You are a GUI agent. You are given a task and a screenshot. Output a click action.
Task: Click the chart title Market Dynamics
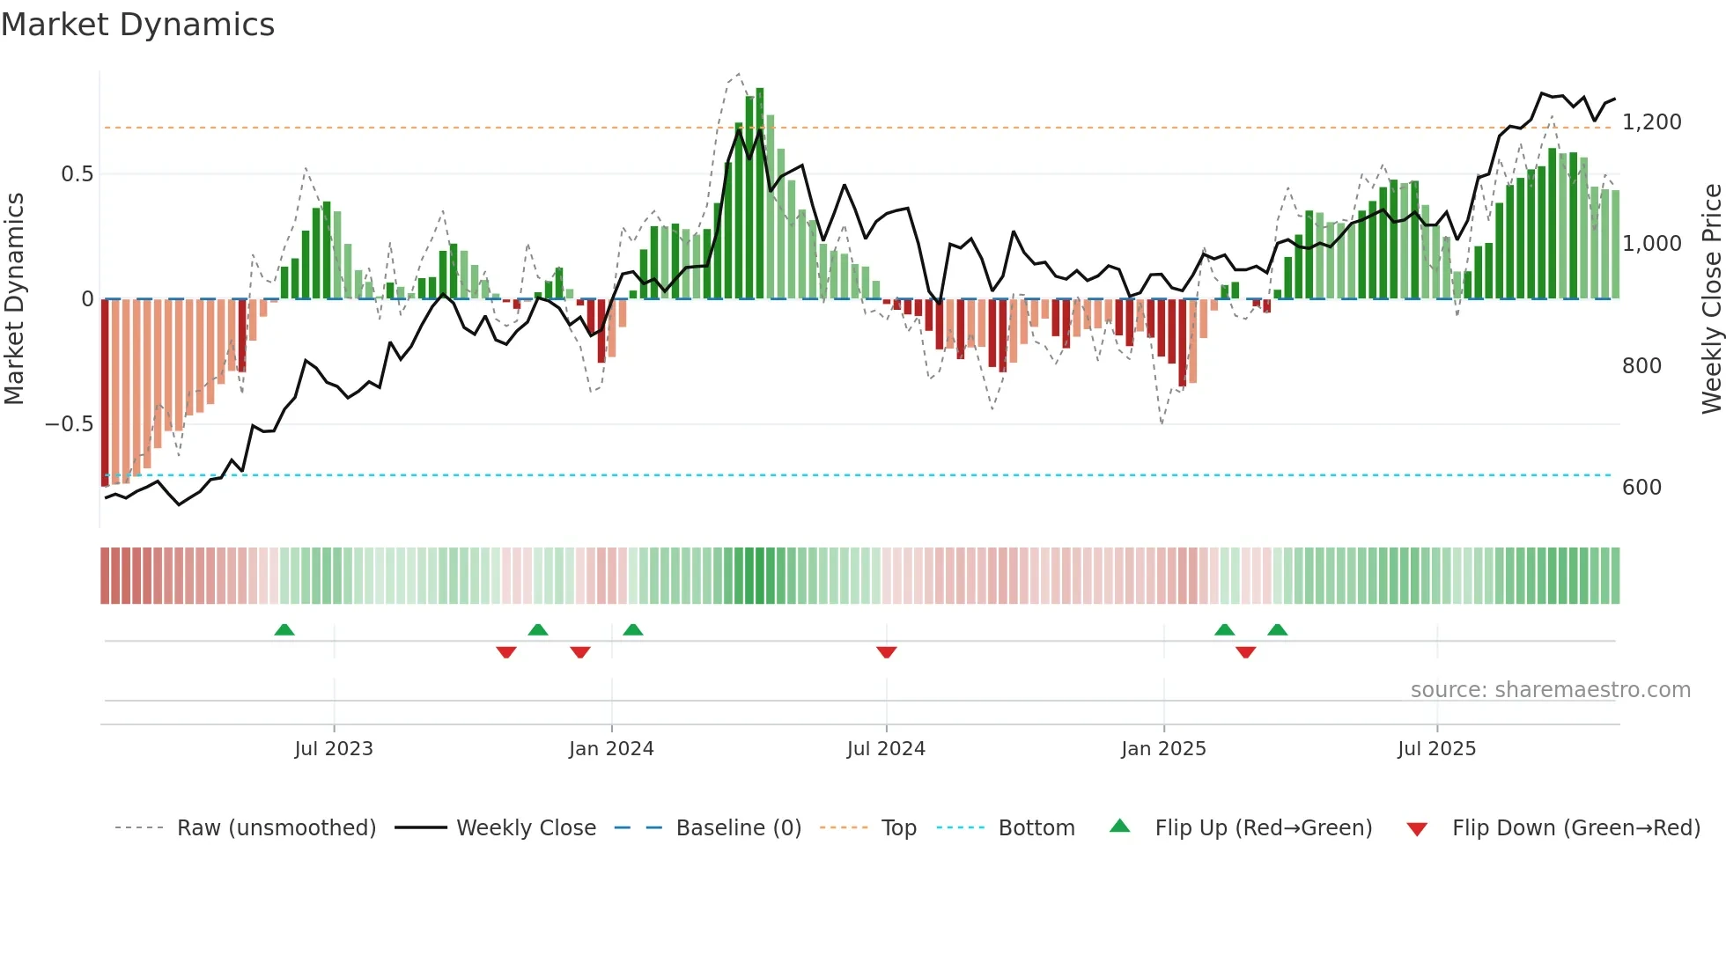(x=137, y=25)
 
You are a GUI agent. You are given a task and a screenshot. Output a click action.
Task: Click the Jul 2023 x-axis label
(x=334, y=748)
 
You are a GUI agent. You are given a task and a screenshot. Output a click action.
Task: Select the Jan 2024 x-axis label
(x=611, y=748)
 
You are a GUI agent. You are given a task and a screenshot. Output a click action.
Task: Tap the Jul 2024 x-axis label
(x=886, y=748)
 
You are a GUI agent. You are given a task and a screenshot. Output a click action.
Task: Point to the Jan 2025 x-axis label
(x=1163, y=748)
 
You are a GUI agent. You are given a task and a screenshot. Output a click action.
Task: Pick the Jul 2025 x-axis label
(x=1436, y=748)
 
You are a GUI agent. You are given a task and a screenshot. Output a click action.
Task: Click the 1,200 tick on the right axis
(x=1651, y=121)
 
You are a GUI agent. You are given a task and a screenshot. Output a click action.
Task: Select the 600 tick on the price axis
(x=1641, y=487)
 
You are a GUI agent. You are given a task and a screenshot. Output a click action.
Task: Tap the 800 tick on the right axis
(x=1641, y=365)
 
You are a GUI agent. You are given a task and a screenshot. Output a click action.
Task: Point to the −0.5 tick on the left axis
(x=70, y=424)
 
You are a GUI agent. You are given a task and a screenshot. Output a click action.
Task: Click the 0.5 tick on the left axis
(x=77, y=173)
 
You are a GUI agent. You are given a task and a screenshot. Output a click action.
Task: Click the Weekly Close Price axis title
(x=1711, y=298)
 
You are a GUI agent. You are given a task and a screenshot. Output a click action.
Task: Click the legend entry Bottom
(x=1036, y=827)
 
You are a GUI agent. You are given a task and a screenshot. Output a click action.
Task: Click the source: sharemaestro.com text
(x=1550, y=689)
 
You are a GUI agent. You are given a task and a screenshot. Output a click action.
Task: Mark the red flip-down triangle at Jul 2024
(x=886, y=652)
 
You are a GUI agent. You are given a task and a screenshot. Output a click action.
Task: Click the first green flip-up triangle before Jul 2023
(x=284, y=629)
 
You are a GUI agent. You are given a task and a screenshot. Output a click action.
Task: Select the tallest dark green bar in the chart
(x=760, y=194)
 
